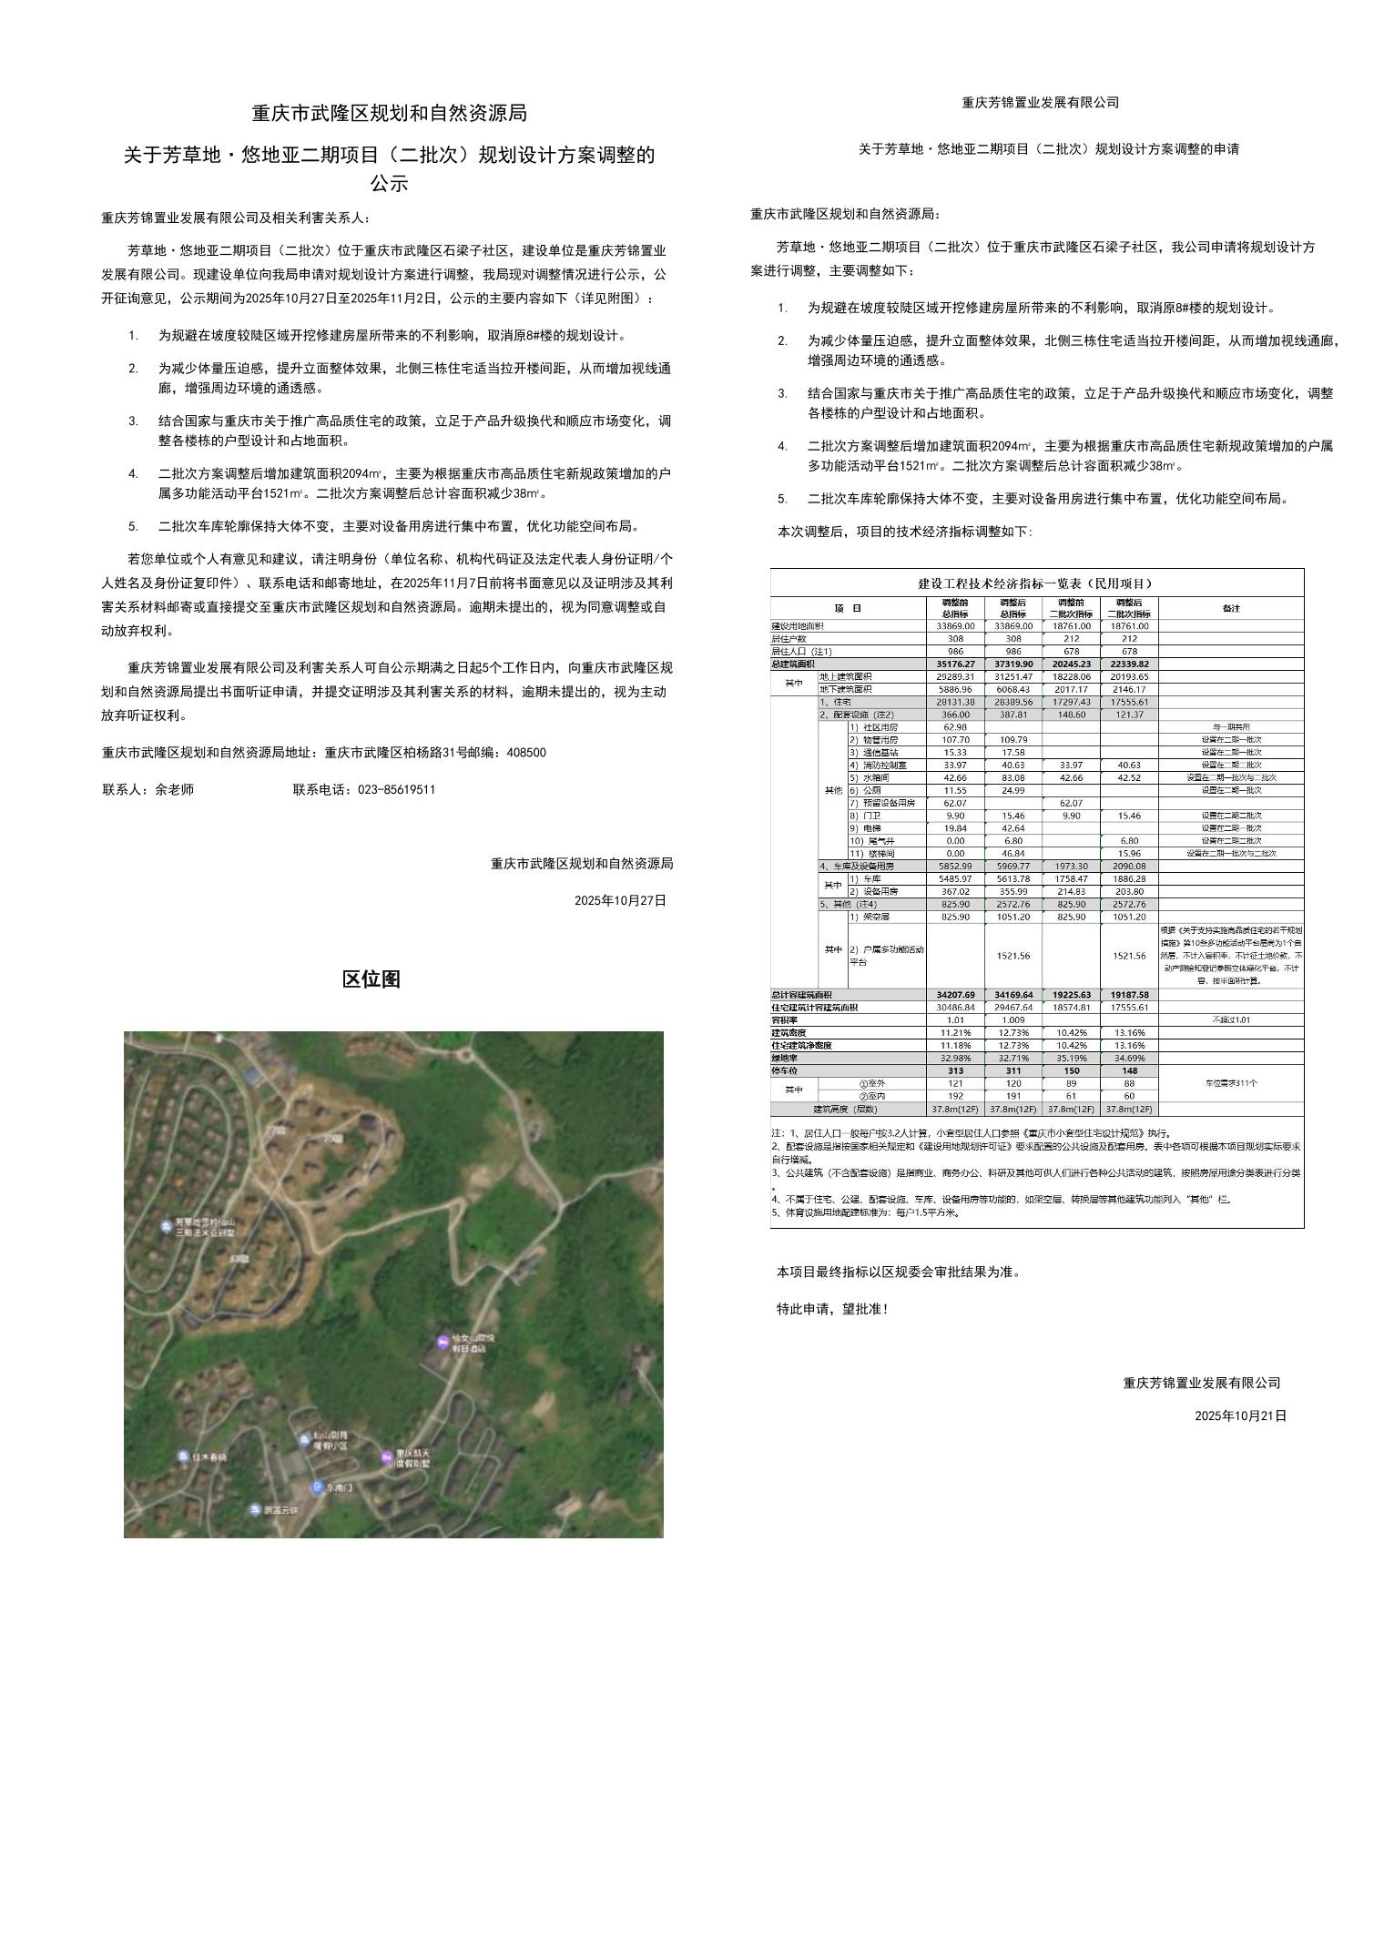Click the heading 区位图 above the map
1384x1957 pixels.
pos(371,979)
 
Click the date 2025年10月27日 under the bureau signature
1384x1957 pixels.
pos(620,900)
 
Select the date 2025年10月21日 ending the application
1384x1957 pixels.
pos(1240,1415)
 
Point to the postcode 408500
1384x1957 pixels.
pos(526,753)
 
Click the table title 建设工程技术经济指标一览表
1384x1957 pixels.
pos(1036,583)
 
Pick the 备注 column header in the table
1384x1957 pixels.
pos(1231,608)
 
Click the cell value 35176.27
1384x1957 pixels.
pos(955,664)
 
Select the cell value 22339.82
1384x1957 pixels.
pos(1129,664)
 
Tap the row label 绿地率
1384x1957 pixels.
pos(786,1059)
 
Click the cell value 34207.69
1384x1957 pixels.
pos(955,995)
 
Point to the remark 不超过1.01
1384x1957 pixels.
pos(1231,1020)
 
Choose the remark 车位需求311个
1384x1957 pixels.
pos(1231,1083)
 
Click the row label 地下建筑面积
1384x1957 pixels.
pos(846,690)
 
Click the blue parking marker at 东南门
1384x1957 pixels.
pos(317,1487)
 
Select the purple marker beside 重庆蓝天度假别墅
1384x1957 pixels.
pos(386,1457)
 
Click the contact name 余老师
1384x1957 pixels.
pos(174,790)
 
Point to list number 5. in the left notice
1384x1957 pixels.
pos(133,526)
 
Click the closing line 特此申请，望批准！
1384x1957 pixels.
pos(831,1309)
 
